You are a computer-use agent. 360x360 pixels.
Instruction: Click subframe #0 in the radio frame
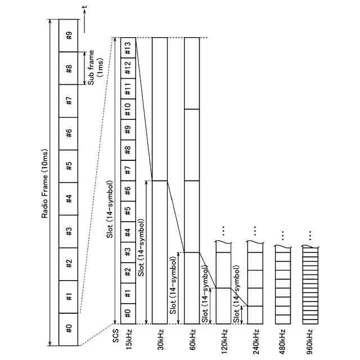point(69,326)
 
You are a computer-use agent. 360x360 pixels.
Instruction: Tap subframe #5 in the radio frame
point(69,166)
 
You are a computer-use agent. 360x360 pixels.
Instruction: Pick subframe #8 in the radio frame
point(69,69)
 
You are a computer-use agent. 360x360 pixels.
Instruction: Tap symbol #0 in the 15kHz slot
point(128,313)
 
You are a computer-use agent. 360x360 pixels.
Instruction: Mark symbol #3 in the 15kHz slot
point(128,252)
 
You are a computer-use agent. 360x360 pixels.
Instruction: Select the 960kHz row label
point(310,341)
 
